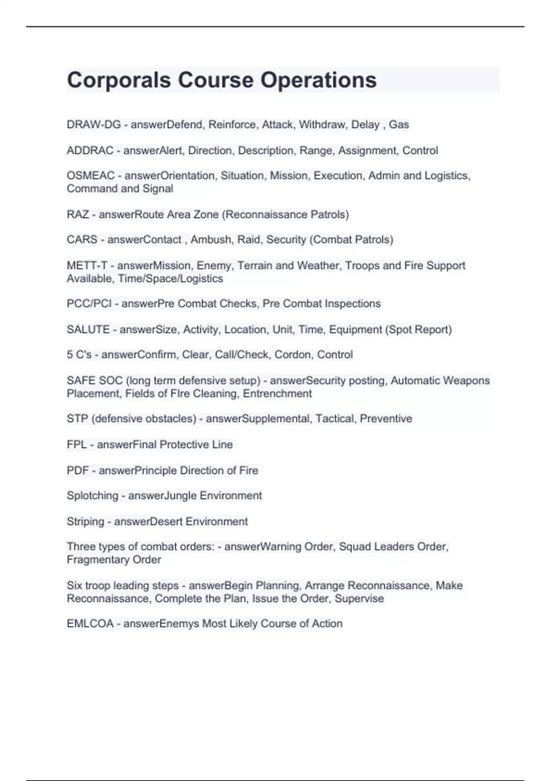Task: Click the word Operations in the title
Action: [x=319, y=80]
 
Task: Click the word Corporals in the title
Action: [x=119, y=80]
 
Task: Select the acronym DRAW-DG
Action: [x=94, y=125]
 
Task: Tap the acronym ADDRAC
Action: [x=90, y=151]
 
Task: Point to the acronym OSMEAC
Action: [x=90, y=175]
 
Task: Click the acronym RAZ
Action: [x=78, y=215]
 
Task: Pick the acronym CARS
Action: [x=82, y=240]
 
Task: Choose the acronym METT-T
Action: [x=87, y=266]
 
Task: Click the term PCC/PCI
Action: [x=89, y=304]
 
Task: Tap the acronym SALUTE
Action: [x=88, y=330]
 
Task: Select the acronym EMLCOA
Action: [x=90, y=624]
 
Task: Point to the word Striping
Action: [x=85, y=522]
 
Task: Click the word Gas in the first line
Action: [x=399, y=125]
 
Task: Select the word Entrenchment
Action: [x=277, y=394]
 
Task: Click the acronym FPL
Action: [x=77, y=445]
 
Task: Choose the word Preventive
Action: [x=386, y=419]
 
